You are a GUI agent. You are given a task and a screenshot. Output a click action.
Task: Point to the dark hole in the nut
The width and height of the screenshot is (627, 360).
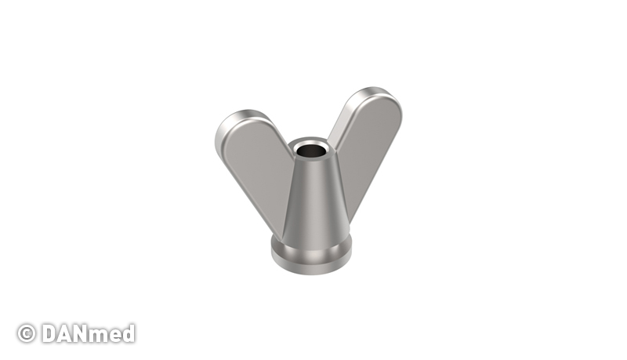pyautogui.click(x=310, y=151)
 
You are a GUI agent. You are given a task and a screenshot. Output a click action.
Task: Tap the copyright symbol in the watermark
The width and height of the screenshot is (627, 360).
pyautogui.click(x=27, y=333)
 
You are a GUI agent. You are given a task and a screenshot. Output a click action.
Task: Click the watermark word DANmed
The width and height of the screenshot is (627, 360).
pyautogui.click(x=89, y=333)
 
